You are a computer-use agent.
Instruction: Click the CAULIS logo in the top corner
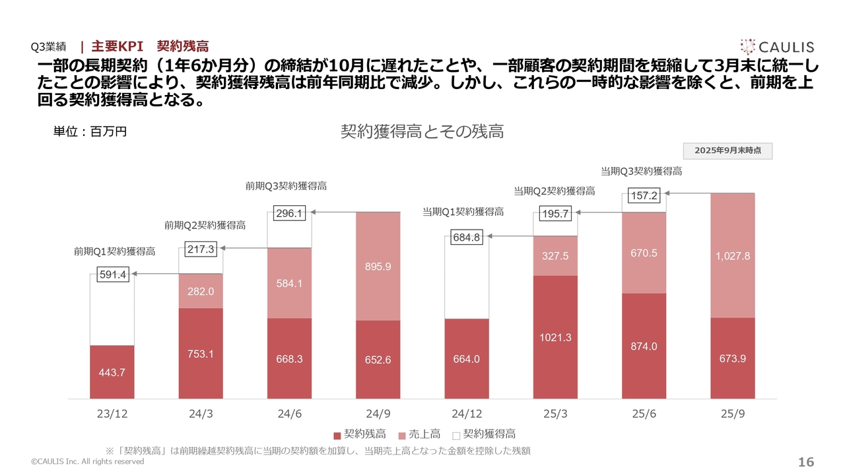[777, 46]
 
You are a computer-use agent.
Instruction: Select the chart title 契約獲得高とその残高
[422, 131]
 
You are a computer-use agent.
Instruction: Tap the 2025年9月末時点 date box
[727, 150]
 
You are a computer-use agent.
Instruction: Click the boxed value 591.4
[112, 274]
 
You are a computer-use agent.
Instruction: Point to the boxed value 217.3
[201, 249]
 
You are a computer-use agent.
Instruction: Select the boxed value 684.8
[467, 237]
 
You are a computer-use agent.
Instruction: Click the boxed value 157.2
[644, 195]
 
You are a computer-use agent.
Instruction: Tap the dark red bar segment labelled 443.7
[112, 372]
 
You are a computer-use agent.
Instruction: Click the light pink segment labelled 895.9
[378, 267]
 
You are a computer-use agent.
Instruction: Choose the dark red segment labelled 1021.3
[555, 337]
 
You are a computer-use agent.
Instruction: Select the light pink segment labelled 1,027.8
[733, 256]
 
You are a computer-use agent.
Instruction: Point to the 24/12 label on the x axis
[467, 414]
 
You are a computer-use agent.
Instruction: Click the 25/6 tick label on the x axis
[644, 414]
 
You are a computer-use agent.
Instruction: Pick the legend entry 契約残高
[356, 434]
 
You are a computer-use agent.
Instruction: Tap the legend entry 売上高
[420, 434]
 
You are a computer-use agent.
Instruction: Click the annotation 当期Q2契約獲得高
[554, 191]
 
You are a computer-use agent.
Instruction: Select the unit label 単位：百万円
[90, 131]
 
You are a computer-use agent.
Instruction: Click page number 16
[806, 462]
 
